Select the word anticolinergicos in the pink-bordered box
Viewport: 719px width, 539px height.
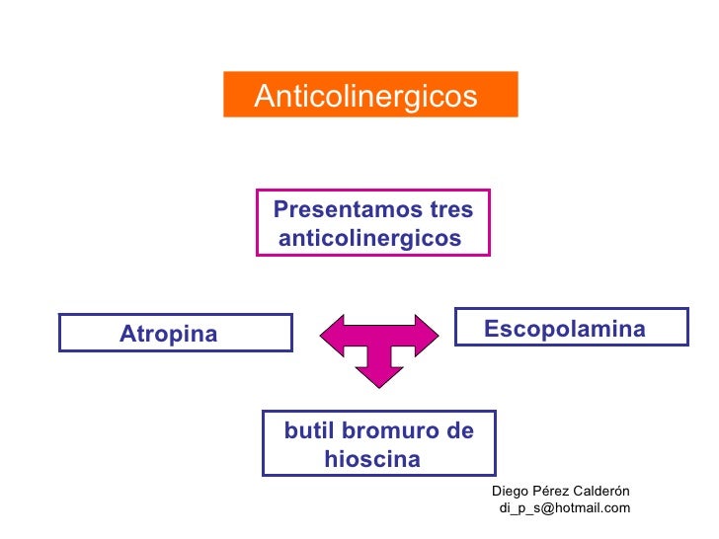[370, 239]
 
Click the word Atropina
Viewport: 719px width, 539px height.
[168, 335]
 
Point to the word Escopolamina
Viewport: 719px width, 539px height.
[565, 330]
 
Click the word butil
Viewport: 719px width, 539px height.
[307, 431]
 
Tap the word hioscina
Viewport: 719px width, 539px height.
[372, 460]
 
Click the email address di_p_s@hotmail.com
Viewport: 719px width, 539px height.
[565, 508]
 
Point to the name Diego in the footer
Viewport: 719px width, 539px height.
[510, 492]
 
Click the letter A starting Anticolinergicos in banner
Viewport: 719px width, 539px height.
[264, 97]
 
